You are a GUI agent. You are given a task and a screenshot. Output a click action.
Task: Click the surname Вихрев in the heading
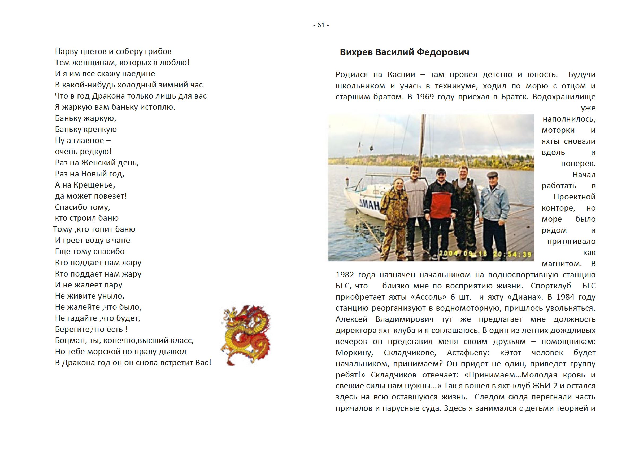(356, 52)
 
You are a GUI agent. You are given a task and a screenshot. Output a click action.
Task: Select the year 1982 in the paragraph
(345, 275)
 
